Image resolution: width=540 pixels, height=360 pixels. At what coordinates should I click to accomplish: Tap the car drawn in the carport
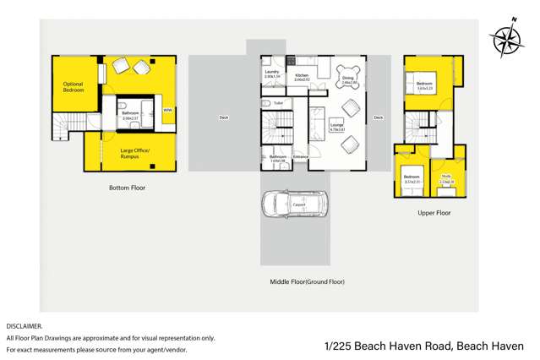[x=294, y=205]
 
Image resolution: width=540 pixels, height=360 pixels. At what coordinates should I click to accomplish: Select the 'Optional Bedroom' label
[x=74, y=86]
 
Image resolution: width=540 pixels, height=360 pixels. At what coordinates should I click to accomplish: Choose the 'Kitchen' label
[x=302, y=75]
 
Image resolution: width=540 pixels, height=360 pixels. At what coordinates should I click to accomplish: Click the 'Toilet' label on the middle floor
[x=278, y=103]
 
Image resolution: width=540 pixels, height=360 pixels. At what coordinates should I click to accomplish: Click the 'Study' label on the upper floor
[x=446, y=176]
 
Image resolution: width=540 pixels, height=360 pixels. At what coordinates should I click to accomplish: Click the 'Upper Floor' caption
[x=434, y=213]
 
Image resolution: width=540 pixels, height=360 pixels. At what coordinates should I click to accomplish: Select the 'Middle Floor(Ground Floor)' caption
[x=307, y=281]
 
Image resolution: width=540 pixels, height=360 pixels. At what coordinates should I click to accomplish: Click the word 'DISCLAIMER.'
[x=25, y=325]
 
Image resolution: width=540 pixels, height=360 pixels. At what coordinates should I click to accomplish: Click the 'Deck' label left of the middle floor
[x=223, y=117]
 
